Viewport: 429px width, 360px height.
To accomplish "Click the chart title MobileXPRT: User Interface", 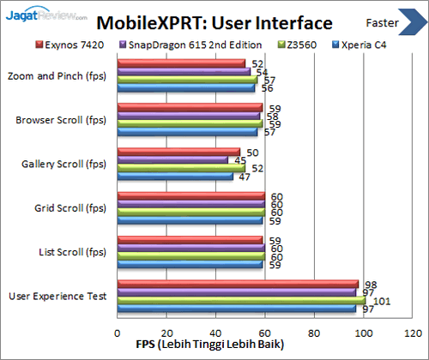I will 214,21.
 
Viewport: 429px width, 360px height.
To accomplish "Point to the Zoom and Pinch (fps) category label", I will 58,75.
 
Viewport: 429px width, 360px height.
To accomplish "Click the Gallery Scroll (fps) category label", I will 63,164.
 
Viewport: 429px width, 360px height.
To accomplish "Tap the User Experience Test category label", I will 58,297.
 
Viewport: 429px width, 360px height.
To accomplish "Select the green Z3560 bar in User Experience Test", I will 240,301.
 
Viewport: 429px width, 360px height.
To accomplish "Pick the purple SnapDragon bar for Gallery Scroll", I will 172,159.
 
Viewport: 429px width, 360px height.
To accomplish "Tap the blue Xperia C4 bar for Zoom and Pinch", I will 185,87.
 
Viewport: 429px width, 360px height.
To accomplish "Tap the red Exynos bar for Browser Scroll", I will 190,107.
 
